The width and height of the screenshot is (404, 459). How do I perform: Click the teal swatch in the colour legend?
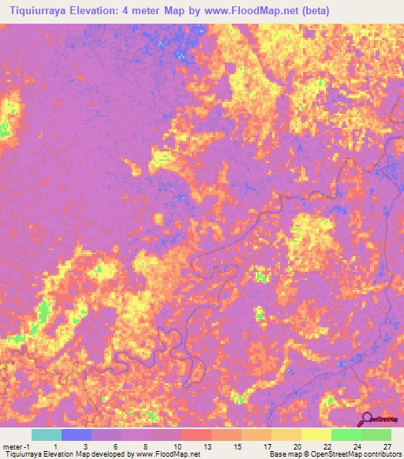click(47, 435)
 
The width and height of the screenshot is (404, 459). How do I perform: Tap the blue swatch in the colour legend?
click(77, 435)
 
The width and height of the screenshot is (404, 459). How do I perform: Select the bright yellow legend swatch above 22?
click(316, 435)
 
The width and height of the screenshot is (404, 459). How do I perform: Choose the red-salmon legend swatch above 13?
click(196, 435)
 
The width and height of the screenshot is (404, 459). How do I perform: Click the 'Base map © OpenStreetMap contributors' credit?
click(335, 454)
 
